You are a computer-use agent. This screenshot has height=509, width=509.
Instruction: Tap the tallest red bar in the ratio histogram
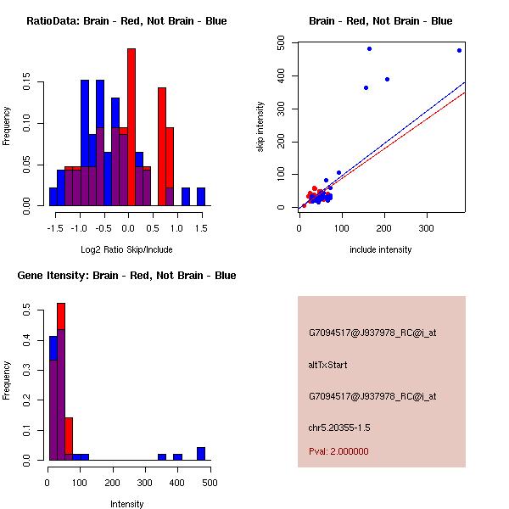pos(131,127)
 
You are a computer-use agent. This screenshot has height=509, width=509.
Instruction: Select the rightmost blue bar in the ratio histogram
pos(201,197)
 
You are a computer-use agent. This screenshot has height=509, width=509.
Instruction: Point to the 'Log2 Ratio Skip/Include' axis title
pos(126,249)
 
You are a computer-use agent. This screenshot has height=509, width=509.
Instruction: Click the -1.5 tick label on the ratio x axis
pos(55,228)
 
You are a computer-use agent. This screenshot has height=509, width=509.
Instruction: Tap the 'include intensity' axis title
pos(381,249)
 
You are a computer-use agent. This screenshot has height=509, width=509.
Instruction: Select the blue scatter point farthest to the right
pos(459,50)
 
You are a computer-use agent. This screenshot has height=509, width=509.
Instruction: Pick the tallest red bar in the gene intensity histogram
pos(61,382)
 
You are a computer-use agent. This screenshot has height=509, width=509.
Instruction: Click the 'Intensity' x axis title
pos(126,504)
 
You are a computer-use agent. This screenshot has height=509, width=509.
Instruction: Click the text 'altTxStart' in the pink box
pos(327,365)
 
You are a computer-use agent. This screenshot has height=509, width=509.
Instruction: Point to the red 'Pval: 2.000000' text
pos(338,451)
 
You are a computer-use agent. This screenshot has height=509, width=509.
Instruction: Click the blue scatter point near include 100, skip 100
pos(338,172)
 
